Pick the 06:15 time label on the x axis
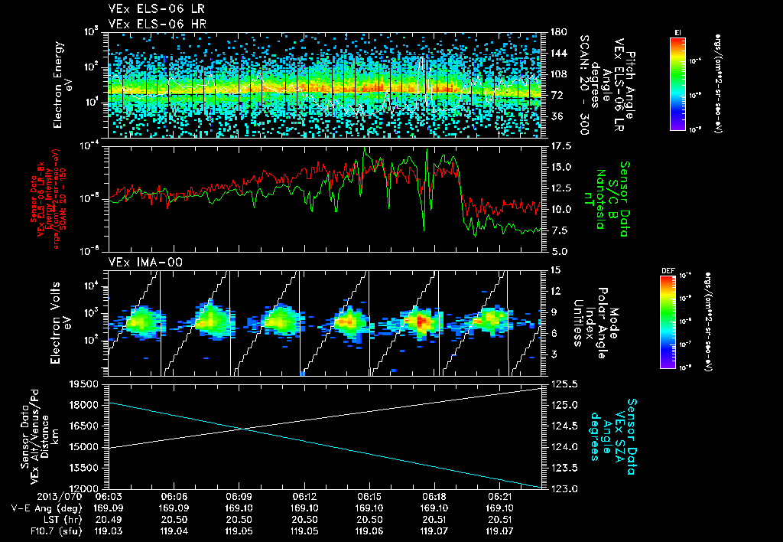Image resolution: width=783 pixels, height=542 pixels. click(369, 496)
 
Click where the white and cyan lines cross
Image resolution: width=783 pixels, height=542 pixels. click(242, 428)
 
